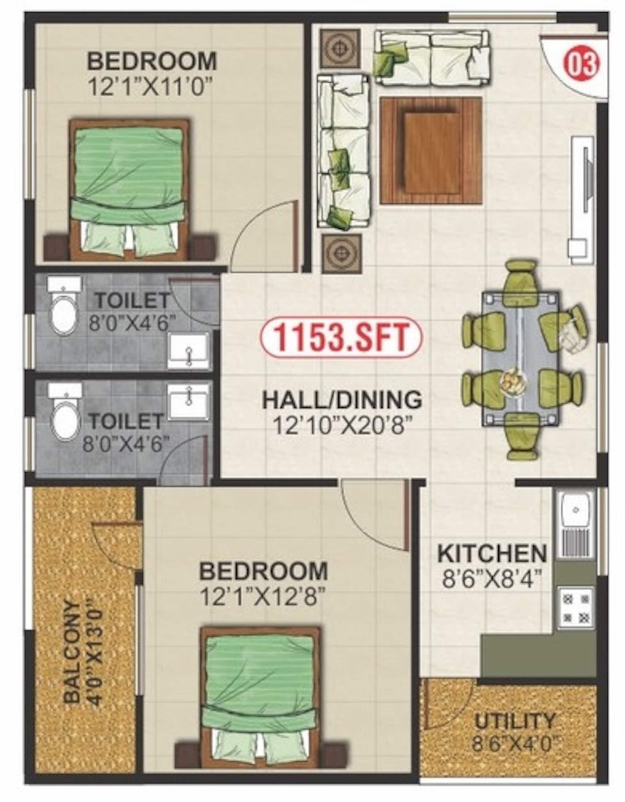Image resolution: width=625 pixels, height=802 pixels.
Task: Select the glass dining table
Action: (522, 358)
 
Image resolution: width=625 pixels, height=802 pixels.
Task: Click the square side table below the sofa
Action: (341, 254)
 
